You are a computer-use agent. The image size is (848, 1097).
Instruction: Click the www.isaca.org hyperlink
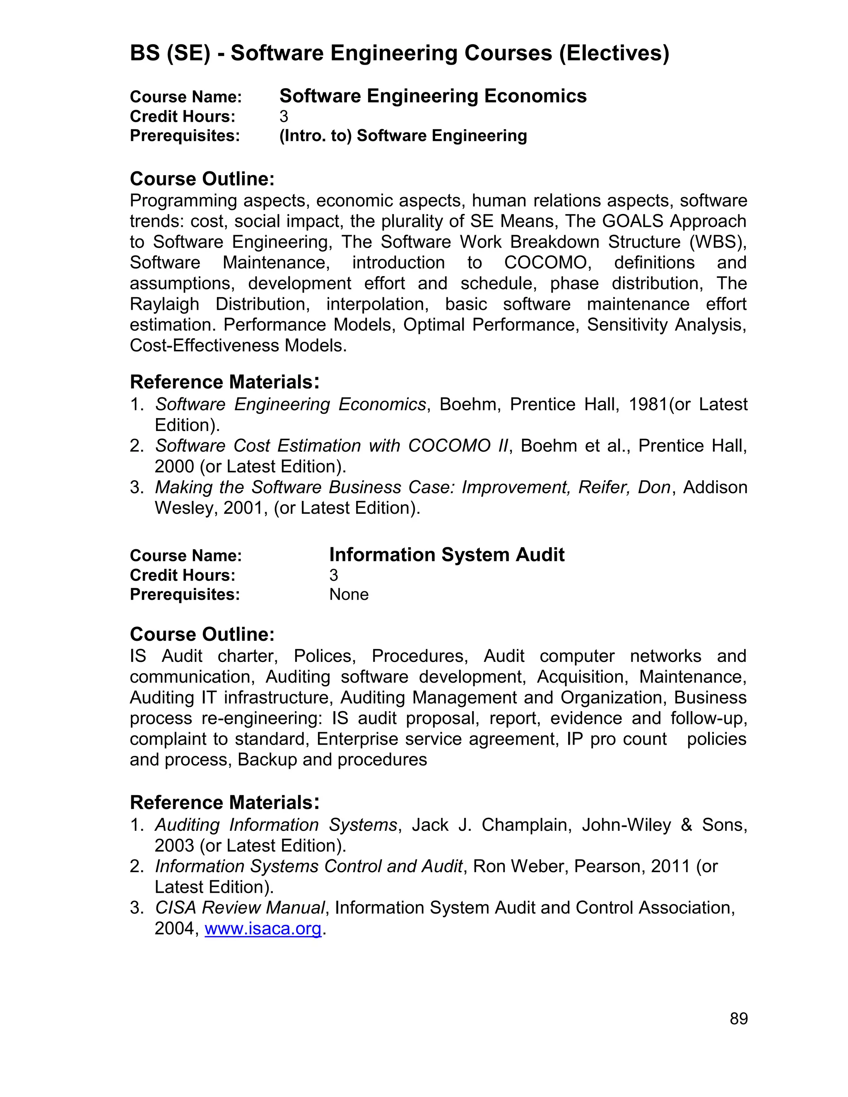pos(263,929)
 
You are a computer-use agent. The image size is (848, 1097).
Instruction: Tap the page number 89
pos(739,1019)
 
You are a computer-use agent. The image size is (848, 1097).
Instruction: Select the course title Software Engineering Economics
pos(433,96)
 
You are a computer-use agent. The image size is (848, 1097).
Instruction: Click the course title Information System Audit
pos(447,555)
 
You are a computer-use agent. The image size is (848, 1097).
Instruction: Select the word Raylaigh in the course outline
pos(164,304)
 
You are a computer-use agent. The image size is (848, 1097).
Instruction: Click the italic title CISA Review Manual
pos(240,908)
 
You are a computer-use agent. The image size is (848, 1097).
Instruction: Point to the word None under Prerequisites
pos(349,595)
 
